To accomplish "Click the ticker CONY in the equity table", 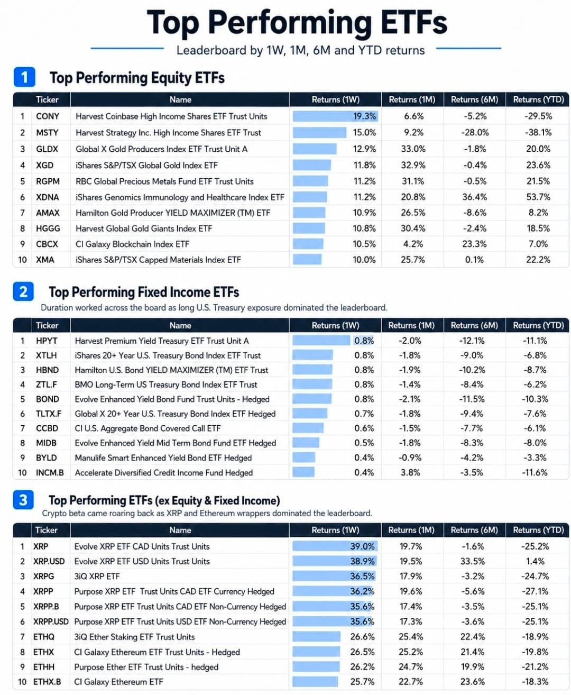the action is click(x=48, y=116).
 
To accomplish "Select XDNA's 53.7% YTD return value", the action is click(x=538, y=197).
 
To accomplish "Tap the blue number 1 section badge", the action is click(x=24, y=77).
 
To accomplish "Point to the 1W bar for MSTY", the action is click(x=319, y=132).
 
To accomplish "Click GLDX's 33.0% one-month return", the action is click(x=413, y=149).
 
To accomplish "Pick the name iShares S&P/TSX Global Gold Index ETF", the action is click(x=146, y=165).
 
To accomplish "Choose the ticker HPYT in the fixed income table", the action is click(x=47, y=341).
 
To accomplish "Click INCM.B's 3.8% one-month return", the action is click(x=410, y=472).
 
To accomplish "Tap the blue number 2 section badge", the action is click(x=23, y=291).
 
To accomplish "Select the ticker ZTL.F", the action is click(x=48, y=385).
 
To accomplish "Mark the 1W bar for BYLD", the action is click(x=303, y=458).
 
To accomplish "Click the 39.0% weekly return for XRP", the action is click(x=362, y=546).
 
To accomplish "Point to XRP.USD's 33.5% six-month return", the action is click(x=472, y=561).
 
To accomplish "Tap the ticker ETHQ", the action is click(x=44, y=637).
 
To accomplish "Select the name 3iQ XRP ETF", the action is click(x=97, y=577).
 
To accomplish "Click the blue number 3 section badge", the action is click(x=23, y=500).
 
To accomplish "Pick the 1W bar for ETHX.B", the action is click(x=315, y=681).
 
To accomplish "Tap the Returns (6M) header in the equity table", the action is click(x=474, y=99).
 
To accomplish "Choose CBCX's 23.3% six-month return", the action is click(x=474, y=244).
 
